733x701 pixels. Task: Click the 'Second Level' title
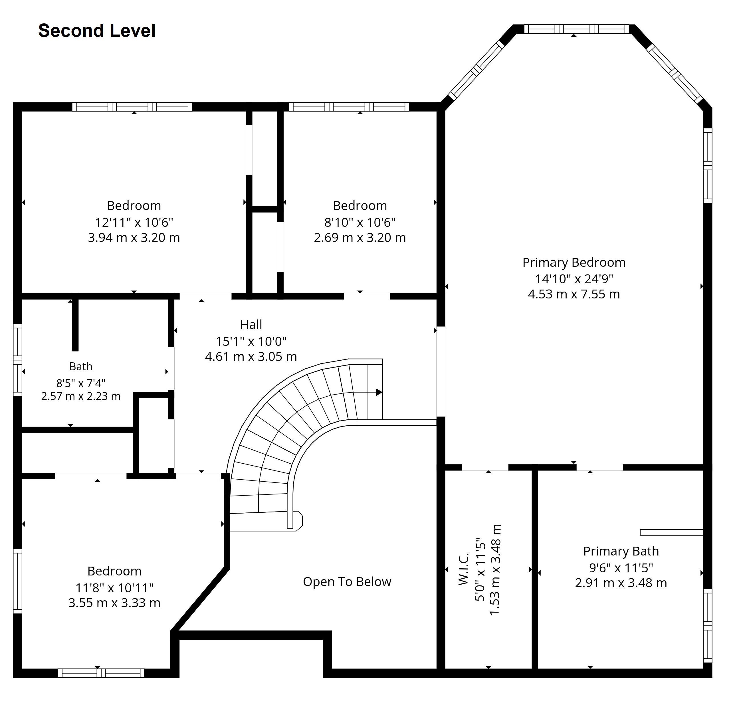click(x=97, y=31)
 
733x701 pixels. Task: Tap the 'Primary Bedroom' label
click(x=574, y=262)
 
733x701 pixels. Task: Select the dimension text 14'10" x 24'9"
click(x=574, y=278)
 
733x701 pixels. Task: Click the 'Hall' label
click(x=251, y=324)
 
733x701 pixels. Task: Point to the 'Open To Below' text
click(x=347, y=581)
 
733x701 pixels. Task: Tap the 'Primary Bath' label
click(x=621, y=551)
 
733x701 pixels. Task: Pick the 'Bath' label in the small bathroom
click(x=81, y=366)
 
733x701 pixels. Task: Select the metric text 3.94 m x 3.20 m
click(x=134, y=238)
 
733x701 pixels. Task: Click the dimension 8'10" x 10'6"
click(x=360, y=222)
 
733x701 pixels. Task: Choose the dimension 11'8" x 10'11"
click(x=114, y=588)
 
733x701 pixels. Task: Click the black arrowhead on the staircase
click(x=379, y=392)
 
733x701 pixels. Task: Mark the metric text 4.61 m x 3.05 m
click(x=251, y=356)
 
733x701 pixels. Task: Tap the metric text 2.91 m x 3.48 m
click(x=621, y=583)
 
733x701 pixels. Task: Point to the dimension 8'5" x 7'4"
click(x=81, y=383)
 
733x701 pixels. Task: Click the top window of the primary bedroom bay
click(x=576, y=29)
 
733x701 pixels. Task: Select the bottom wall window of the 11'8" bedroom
click(x=101, y=673)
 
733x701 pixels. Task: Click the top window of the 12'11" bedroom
click(x=132, y=107)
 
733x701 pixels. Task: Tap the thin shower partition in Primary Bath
click(x=671, y=532)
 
